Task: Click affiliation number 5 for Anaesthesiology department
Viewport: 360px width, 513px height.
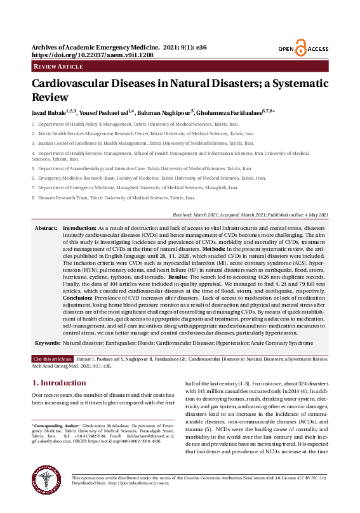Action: pyautogui.click(x=33, y=170)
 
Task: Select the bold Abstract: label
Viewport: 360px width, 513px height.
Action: pyautogui.click(x=46, y=227)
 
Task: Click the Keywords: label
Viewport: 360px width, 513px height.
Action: pyautogui.click(x=48, y=343)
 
